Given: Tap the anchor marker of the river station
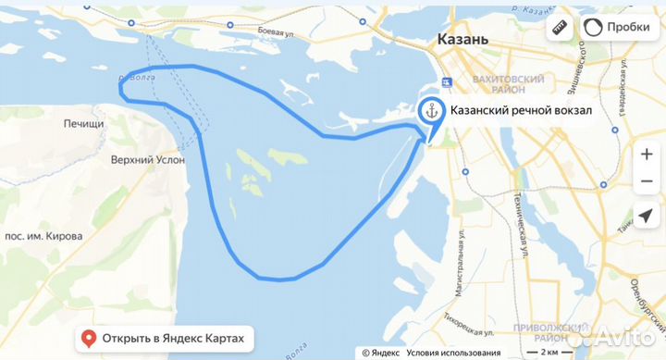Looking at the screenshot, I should tap(431, 112).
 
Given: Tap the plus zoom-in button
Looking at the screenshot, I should tap(646, 155).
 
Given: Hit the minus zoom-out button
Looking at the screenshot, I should tap(646, 181).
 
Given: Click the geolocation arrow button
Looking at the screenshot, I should tap(646, 217).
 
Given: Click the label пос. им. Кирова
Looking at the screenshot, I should tap(43, 236).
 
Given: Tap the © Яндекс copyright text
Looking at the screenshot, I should tap(380, 352).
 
